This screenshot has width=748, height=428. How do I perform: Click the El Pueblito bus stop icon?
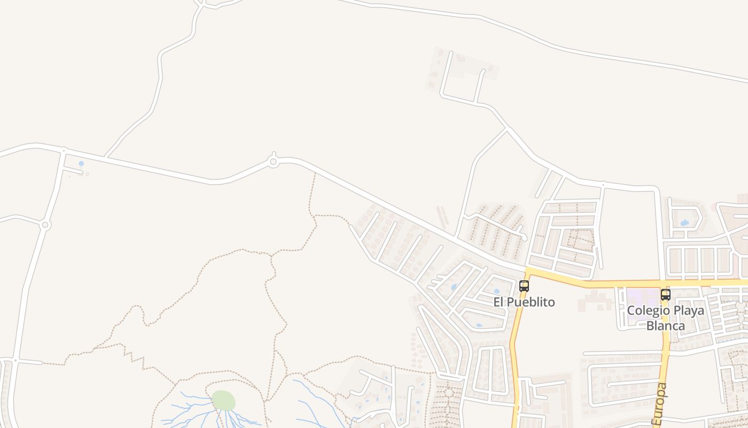pos(524,286)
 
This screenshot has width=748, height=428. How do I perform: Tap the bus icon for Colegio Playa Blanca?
pos(665,294)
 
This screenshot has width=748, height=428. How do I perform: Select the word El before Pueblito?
pos(498,302)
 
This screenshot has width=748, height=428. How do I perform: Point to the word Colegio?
pos(646,311)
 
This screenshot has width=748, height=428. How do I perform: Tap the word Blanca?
pos(666,325)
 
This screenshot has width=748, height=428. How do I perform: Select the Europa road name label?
pos(660,404)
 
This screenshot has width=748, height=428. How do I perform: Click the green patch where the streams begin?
pos(223,400)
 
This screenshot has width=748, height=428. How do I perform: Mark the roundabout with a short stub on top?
pos(273,161)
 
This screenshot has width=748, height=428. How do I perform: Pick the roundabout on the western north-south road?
pos(45,225)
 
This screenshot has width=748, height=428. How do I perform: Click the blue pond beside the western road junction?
pos(81,164)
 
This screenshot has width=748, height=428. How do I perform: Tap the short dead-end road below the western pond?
pos(73,172)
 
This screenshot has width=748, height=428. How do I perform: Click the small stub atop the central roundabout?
pos(273,154)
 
